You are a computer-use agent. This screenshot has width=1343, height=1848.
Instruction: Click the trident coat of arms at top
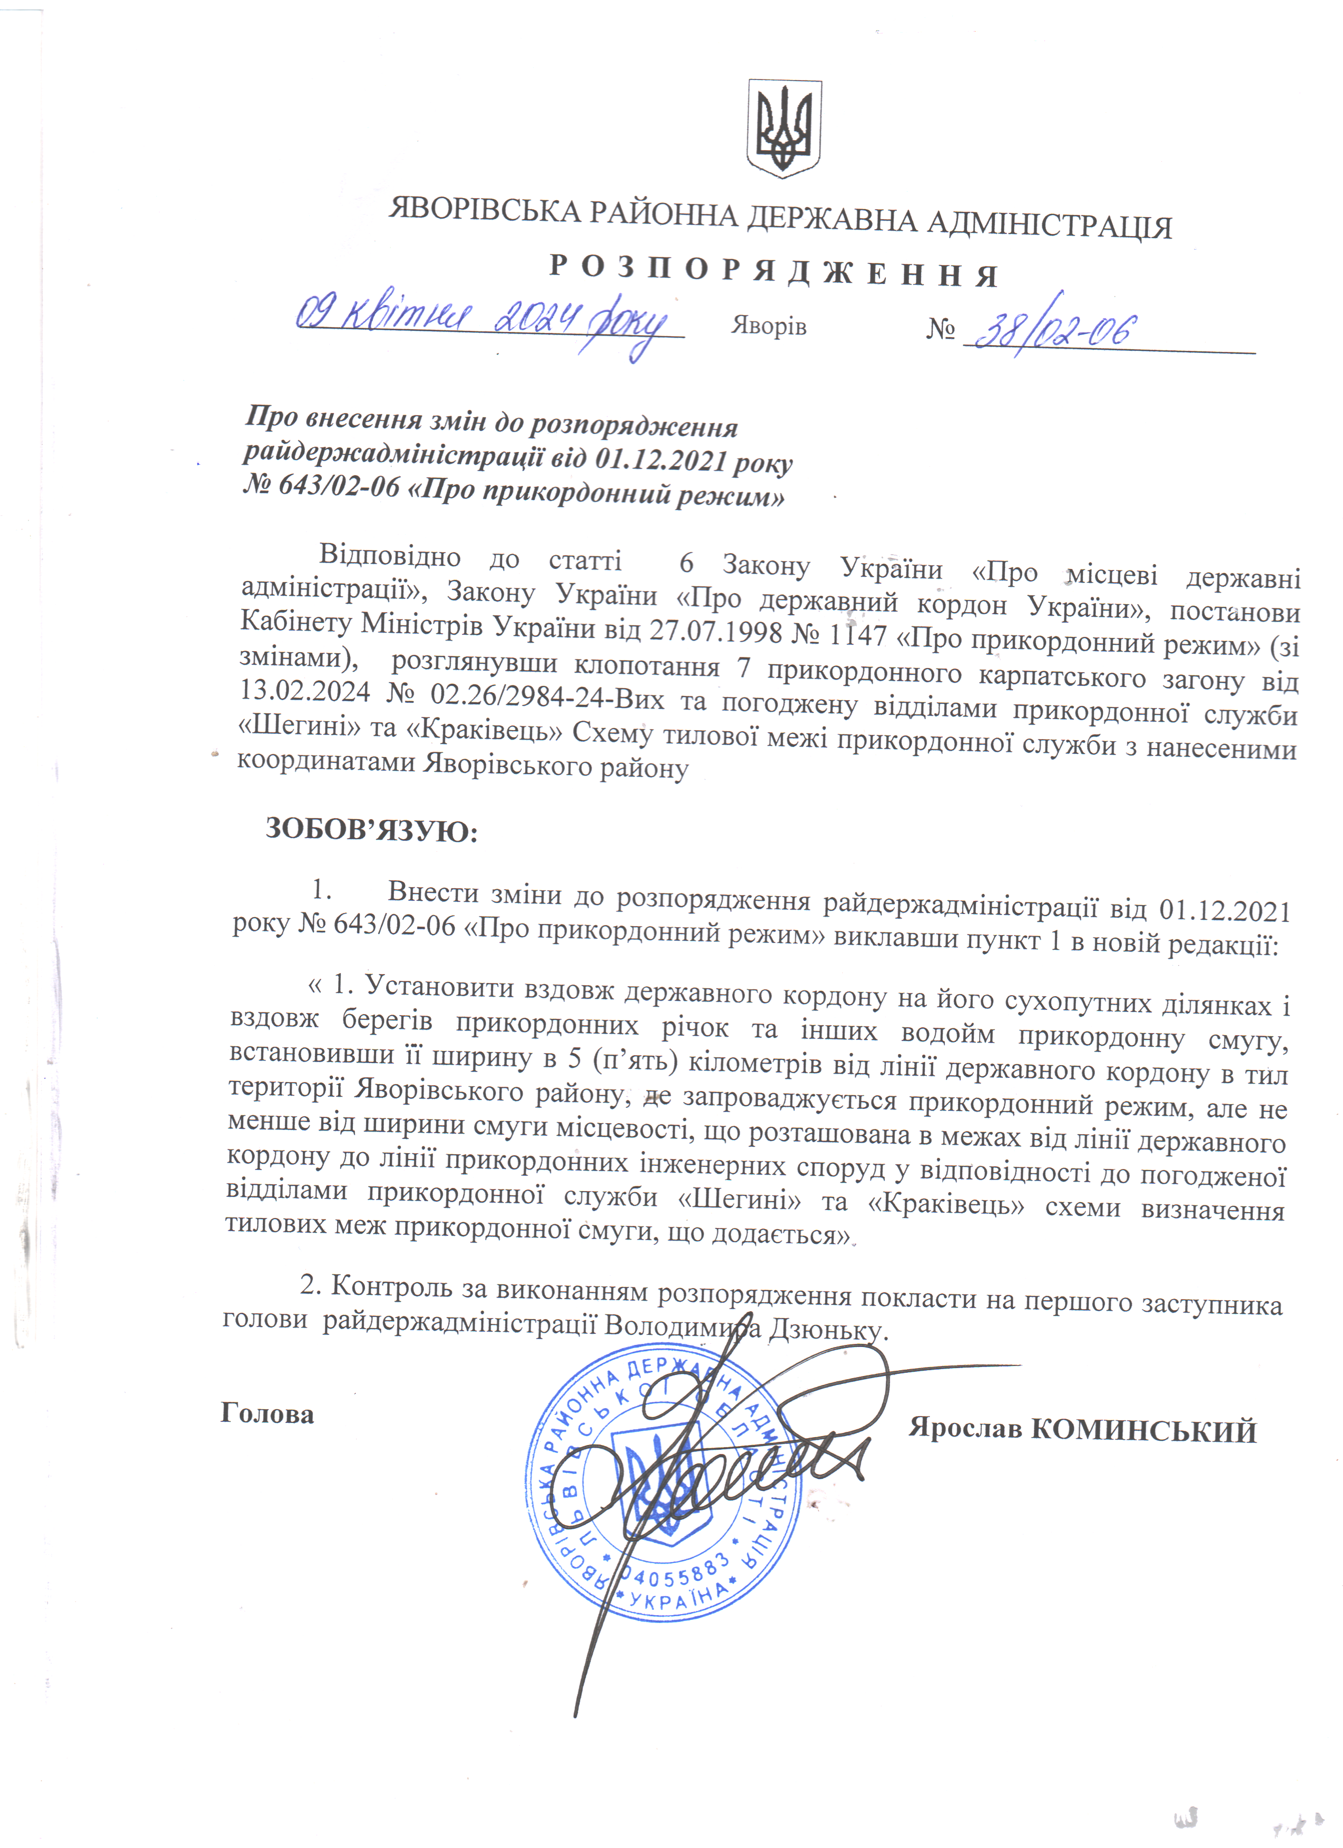tap(784, 129)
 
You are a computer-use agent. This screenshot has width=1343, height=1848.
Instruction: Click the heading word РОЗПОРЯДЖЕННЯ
tap(773, 272)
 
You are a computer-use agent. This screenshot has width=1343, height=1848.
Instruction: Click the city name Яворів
tap(768, 326)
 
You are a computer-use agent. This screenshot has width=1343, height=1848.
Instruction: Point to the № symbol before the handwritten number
tap(941, 330)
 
